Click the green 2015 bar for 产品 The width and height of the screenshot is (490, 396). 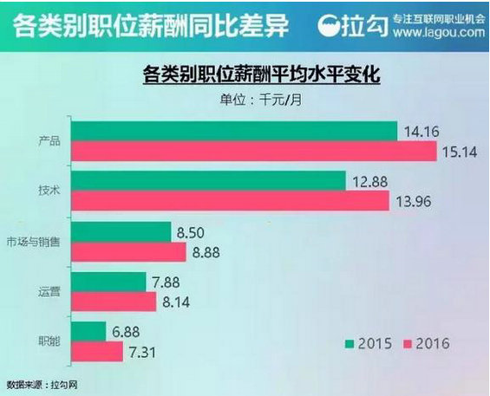pos(234,131)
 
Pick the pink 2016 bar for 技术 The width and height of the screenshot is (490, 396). pos(230,202)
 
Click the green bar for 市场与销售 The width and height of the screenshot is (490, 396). pos(121,231)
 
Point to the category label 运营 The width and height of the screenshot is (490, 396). pos(49,292)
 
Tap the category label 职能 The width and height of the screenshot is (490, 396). pos(49,341)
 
